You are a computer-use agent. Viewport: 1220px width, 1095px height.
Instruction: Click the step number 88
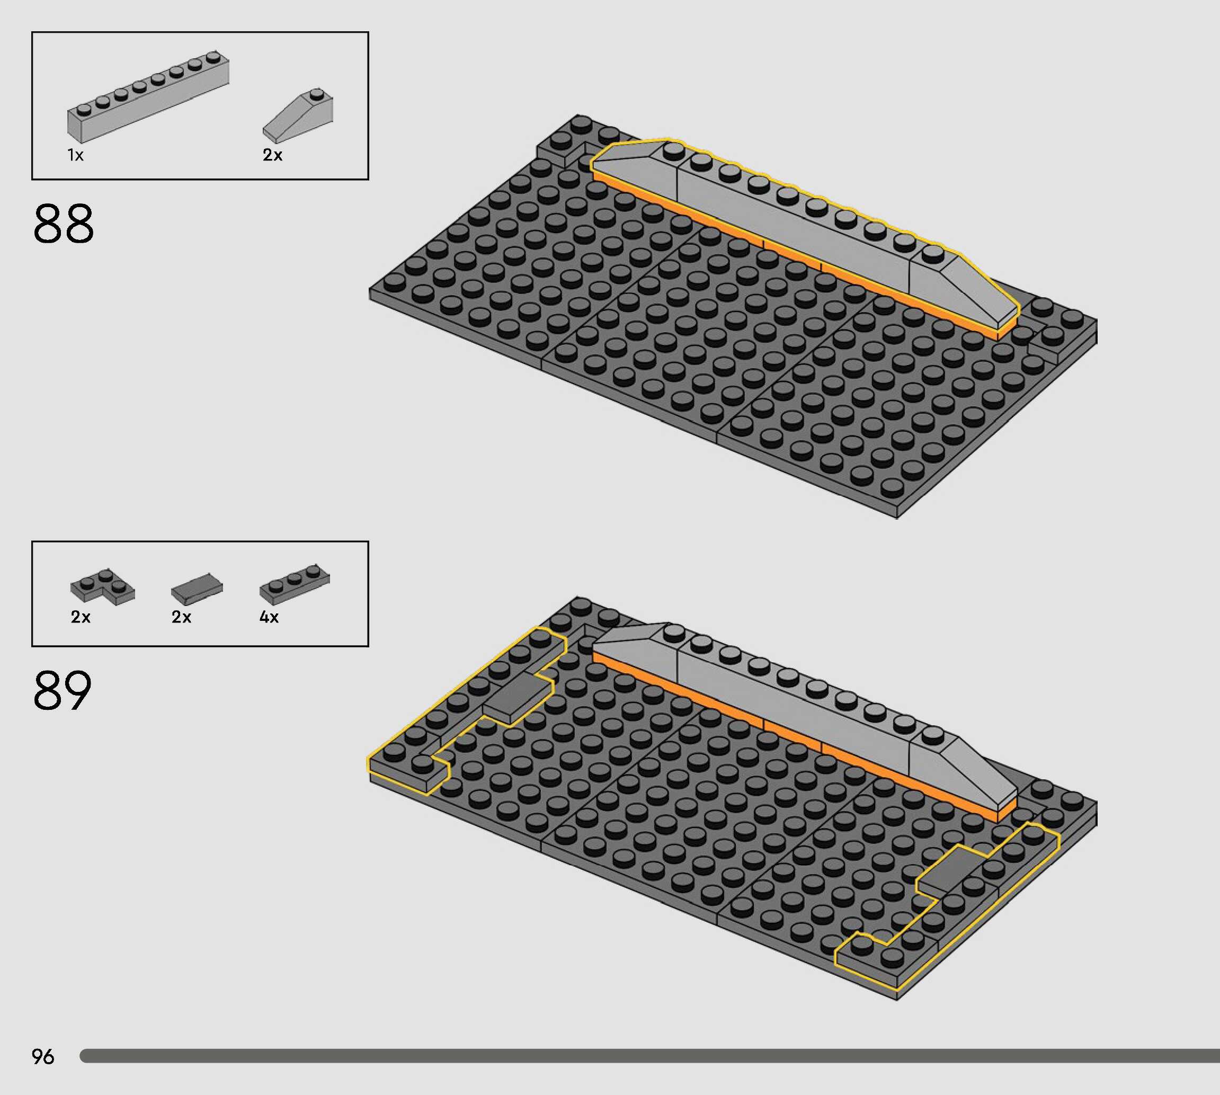[x=64, y=223]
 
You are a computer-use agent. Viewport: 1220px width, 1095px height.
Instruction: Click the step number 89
[x=63, y=690]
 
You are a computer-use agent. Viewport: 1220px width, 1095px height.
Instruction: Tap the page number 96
[x=43, y=1056]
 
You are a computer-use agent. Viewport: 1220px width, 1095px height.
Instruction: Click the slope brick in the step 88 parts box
[x=298, y=115]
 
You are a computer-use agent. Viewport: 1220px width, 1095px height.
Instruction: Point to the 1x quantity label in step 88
[x=75, y=155]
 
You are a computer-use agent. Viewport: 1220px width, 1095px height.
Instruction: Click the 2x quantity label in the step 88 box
[x=272, y=155]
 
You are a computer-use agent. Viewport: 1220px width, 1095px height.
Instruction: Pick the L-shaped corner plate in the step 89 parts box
[x=102, y=585]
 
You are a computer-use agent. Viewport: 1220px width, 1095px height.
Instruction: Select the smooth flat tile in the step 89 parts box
[x=197, y=588]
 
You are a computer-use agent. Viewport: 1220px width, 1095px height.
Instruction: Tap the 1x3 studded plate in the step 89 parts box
[x=295, y=584]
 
